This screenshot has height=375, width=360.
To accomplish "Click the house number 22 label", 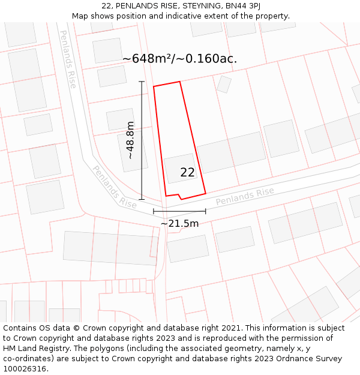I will (x=187, y=173).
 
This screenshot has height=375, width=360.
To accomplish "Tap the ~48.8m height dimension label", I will (x=131, y=140).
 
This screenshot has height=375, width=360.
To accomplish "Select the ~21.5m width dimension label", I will (x=179, y=224).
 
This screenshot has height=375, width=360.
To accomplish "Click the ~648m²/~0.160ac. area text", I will (x=179, y=59).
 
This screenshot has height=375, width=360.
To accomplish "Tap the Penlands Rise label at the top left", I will (x=68, y=59).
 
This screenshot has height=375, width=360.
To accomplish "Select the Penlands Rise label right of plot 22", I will (x=245, y=196).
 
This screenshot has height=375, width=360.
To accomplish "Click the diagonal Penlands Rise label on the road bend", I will (x=114, y=187).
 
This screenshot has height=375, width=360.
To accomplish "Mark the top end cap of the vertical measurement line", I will (x=142, y=82).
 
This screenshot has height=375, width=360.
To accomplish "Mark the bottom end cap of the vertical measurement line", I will (x=142, y=199).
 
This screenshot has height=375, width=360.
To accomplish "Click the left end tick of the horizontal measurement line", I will (x=154, y=211).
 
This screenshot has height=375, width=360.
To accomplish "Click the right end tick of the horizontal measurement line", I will (x=206, y=211).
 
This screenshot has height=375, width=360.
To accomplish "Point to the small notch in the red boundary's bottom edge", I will (x=179, y=197).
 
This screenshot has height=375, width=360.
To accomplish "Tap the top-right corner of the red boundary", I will (x=179, y=82).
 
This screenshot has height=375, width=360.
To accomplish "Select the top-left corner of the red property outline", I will (x=154, y=87).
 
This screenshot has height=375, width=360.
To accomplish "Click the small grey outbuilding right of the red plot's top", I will (x=224, y=84).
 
